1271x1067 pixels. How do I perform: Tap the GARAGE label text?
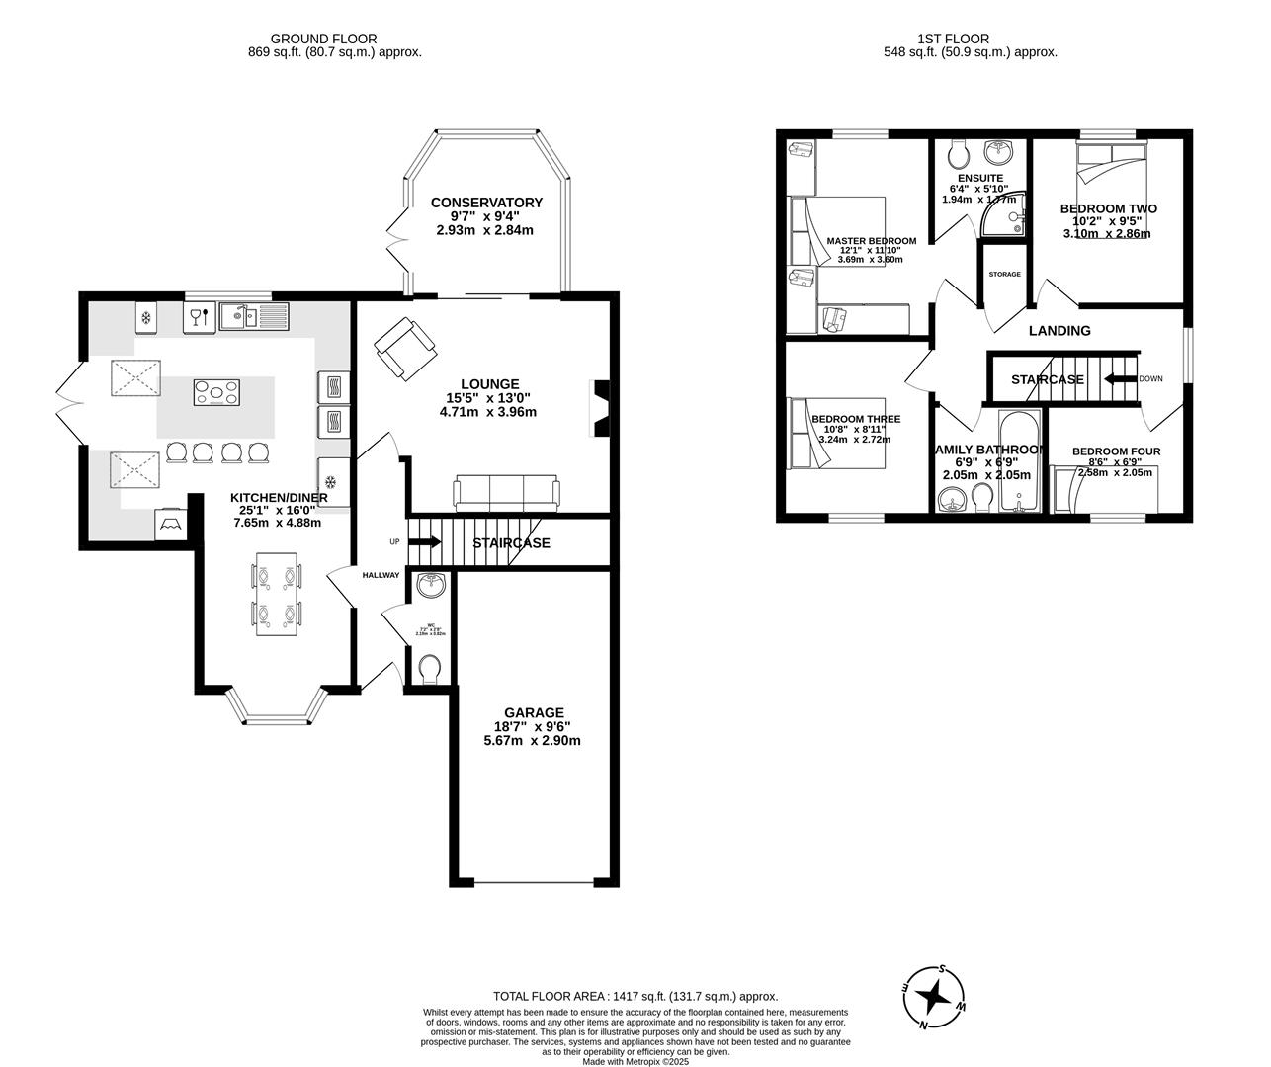[x=534, y=712]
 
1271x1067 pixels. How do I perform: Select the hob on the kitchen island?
[x=215, y=393]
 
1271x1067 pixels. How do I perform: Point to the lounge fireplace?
[x=599, y=407]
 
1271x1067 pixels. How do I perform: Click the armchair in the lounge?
[x=403, y=348]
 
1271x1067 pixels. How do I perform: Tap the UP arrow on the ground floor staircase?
[x=426, y=541]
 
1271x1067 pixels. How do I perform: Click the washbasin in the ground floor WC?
[x=431, y=586]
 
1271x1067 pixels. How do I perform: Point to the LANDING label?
[x=1059, y=331]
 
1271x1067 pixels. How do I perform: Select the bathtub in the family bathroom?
[x=1017, y=462]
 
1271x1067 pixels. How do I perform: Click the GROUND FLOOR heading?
[x=309, y=39]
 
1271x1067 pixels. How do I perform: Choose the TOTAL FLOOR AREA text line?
[x=635, y=997]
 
